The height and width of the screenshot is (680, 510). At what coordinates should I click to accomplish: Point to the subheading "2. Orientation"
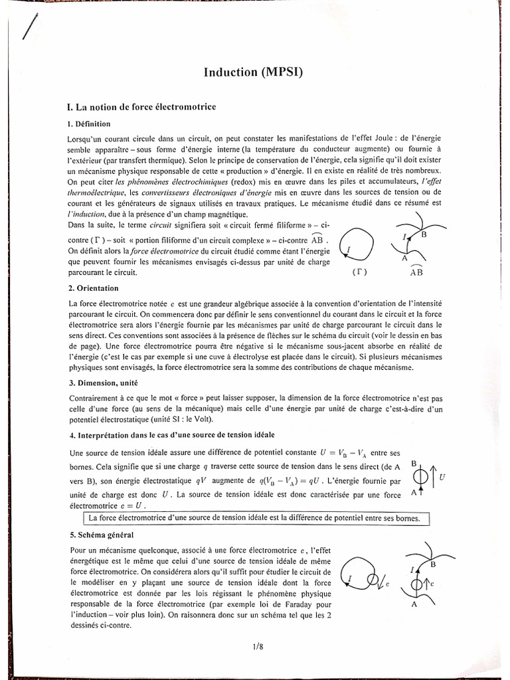[x=93, y=288]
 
